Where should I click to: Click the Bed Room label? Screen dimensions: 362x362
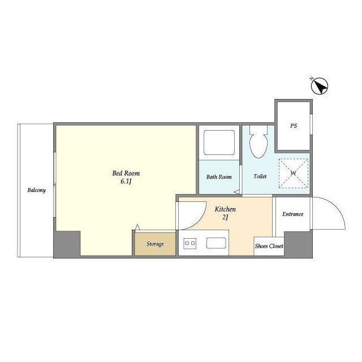[126, 173]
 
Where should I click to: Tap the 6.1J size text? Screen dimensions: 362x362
[126, 182]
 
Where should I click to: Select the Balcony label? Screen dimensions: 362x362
[36, 190]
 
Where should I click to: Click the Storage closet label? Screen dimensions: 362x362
[155, 244]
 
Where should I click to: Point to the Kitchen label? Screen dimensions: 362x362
[225, 209]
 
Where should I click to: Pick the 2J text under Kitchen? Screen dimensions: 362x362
[225, 217]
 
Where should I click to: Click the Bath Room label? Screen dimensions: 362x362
[219, 177]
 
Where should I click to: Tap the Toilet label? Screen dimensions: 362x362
[260, 176]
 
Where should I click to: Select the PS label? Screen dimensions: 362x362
[294, 126]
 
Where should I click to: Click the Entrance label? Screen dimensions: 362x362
[293, 214]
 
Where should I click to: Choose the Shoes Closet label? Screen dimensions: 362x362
[269, 246]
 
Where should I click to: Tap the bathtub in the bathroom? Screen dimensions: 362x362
[219, 143]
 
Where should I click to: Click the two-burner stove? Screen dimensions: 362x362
[190, 243]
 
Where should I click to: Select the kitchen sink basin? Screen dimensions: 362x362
[216, 243]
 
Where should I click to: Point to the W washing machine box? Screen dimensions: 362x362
[294, 173]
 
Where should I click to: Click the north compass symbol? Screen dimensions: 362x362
[319, 86]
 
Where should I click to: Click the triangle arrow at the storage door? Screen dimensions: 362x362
[137, 227]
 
